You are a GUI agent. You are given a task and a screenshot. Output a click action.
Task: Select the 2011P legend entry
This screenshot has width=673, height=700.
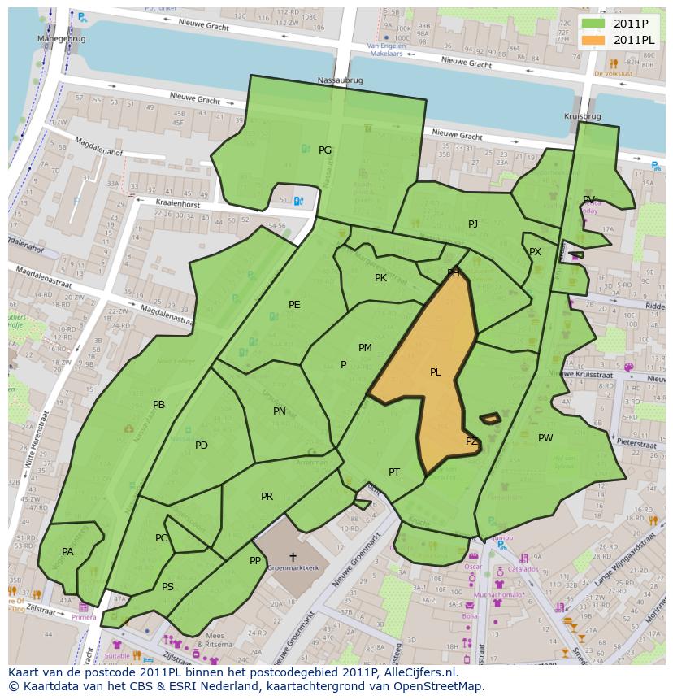coord(618,24)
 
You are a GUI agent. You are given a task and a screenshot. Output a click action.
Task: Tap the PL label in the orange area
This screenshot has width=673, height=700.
coord(436,372)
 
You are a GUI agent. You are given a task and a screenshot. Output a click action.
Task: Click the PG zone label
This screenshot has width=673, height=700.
coord(325,150)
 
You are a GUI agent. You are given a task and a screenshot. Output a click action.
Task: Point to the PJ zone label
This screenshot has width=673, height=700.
coord(473,224)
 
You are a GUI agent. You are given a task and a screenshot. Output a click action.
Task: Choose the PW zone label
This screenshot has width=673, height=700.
coord(545,438)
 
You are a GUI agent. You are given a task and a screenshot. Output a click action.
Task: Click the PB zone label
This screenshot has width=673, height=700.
coord(159,405)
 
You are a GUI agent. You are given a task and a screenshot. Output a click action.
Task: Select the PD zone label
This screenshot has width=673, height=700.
coord(202,446)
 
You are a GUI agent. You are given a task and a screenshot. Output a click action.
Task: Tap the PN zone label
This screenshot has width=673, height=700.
coord(280,411)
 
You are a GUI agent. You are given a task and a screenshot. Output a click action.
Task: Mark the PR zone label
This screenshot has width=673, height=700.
coord(267,497)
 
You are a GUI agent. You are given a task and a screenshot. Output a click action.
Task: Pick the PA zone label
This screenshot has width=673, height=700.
coord(67,552)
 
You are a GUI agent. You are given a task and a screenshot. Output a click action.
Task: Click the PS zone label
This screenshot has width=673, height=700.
coord(167,587)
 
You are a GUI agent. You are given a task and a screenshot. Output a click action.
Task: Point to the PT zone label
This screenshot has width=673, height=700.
coord(394,472)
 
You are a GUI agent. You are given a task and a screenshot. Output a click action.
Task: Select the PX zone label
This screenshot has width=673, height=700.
coord(535,252)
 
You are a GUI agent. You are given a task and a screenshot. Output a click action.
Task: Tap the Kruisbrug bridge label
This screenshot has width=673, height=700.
coord(582,117)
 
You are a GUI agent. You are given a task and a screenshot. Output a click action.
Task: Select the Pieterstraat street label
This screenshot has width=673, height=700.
coord(641,442)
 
